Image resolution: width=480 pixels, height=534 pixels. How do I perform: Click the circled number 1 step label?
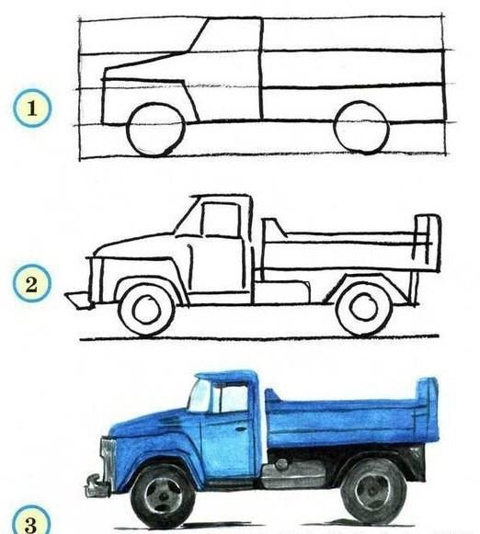pos(33,108)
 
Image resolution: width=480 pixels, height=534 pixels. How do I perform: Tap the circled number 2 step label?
pos(32,283)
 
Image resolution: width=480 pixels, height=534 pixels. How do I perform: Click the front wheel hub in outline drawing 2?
pos(147,310)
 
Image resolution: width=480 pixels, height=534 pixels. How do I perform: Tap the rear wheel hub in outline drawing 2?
pos(364,307)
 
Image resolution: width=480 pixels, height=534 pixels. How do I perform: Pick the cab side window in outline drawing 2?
pos(221,220)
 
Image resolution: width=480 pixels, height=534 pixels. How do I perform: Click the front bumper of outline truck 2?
pos(78,300)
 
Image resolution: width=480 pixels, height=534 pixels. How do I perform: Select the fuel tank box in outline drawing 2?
pos(282,291)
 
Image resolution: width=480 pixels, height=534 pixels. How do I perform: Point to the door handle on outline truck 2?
pos(189,246)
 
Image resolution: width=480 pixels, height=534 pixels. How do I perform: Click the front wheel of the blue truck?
pos(162,495)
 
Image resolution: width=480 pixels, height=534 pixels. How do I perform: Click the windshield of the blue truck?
pos(199,396)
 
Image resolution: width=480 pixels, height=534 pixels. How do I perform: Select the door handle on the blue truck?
pos(241,429)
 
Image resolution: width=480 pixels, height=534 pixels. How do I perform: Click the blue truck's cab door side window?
pos(230,399)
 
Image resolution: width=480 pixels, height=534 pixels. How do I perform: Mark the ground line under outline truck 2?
pos(259,338)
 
